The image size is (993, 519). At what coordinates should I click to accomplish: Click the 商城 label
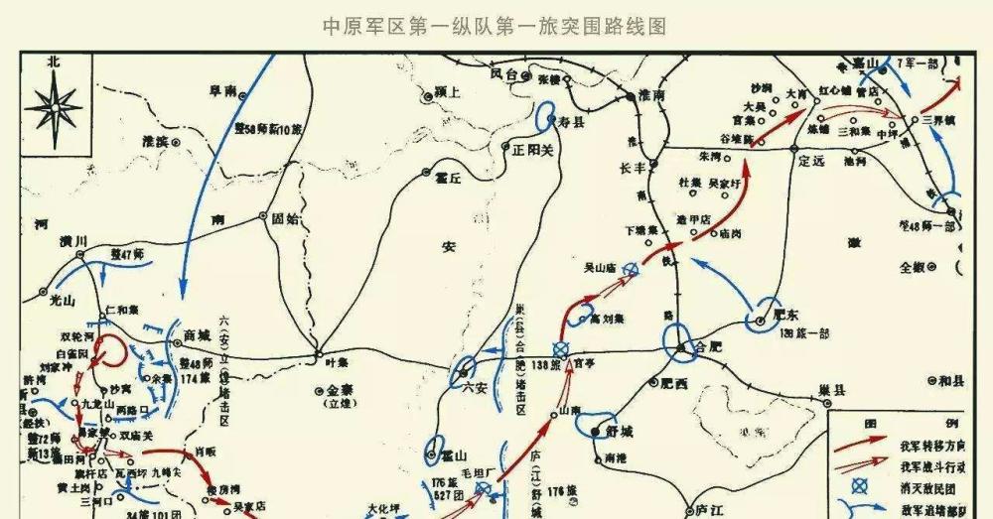tap(197, 337)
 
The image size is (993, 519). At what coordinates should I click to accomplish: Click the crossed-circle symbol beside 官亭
tap(560, 349)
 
